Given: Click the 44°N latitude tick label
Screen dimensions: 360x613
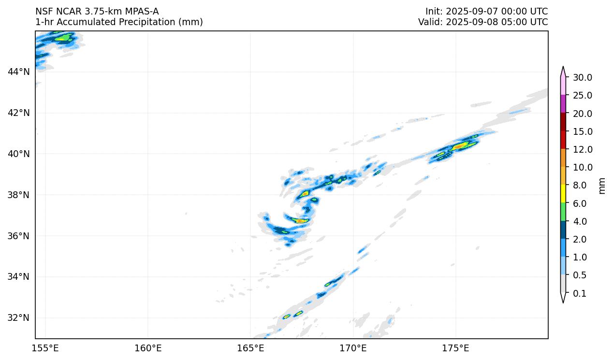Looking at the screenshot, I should point(18,72).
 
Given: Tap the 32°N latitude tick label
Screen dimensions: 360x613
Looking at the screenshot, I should point(18,318).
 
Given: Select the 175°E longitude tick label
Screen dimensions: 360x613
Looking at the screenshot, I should point(455,348).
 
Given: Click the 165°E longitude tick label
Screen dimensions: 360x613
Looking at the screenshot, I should point(250,348).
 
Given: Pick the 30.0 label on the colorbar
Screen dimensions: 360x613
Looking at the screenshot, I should point(582,78).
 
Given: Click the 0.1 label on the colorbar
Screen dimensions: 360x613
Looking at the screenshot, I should point(579,294).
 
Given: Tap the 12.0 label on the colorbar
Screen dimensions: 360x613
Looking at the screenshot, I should point(582,150).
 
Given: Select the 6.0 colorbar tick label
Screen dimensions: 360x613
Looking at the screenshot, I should point(579,204).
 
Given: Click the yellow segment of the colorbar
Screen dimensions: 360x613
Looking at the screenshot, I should point(563,194).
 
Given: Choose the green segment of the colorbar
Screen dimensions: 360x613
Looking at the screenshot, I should point(563,212).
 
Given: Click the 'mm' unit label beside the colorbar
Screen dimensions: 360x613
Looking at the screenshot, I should point(602,186).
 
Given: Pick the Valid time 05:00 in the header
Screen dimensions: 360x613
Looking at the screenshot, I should point(505,22).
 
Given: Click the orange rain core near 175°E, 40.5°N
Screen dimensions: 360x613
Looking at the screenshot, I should point(459,145).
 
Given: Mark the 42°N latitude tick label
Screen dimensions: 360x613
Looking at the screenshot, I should point(18,113).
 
